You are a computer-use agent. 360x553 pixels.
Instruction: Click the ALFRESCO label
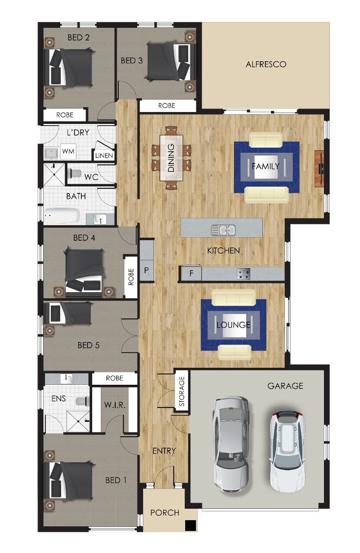(266, 64)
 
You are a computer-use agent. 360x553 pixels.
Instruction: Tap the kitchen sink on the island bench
(223, 230)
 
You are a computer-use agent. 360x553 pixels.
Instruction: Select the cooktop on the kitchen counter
(243, 273)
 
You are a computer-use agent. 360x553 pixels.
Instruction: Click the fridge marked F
(191, 273)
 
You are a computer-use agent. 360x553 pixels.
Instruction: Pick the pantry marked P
(147, 271)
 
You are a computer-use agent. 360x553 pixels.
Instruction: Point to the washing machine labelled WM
(68, 152)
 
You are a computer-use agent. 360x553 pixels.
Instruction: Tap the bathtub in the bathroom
(62, 216)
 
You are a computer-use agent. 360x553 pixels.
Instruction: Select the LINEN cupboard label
(104, 155)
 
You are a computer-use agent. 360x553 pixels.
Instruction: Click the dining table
(171, 157)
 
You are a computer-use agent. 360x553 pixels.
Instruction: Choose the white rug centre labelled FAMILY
(266, 166)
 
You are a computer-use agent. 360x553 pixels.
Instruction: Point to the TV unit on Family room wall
(319, 169)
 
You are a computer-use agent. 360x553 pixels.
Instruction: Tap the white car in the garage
(287, 452)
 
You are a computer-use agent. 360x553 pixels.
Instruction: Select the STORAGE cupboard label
(182, 391)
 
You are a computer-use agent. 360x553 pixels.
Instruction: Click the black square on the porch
(190, 525)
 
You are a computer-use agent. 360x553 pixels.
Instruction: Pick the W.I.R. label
(115, 405)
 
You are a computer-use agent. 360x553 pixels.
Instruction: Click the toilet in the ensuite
(82, 401)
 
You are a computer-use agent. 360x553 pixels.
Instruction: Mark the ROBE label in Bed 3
(167, 105)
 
